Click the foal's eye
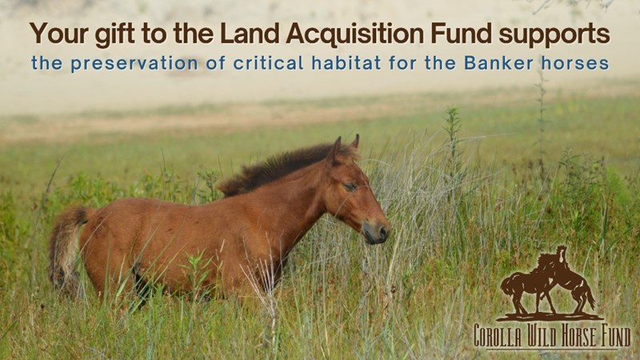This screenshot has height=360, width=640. pyautogui.click(x=350, y=187)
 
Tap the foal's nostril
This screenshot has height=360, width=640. pyautogui.click(x=383, y=233)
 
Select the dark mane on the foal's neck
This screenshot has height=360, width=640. pyautogui.click(x=282, y=167)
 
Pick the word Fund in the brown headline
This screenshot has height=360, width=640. pyautogui.click(x=461, y=34)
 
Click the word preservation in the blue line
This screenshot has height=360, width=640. pyautogui.click(x=134, y=64)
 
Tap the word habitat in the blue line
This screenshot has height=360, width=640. pyautogui.click(x=346, y=63)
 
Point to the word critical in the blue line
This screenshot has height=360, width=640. pyautogui.click(x=268, y=63)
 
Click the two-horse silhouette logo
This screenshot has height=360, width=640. pyautogui.click(x=549, y=283)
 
